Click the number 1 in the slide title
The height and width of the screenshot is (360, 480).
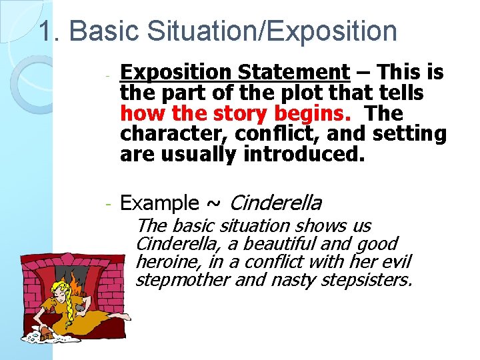tap(46, 31)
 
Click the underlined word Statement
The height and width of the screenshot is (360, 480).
tap(299, 72)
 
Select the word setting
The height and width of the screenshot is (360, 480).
tap(409, 134)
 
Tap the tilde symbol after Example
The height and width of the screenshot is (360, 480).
tap(215, 203)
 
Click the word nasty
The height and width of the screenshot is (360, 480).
tap(293, 279)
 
